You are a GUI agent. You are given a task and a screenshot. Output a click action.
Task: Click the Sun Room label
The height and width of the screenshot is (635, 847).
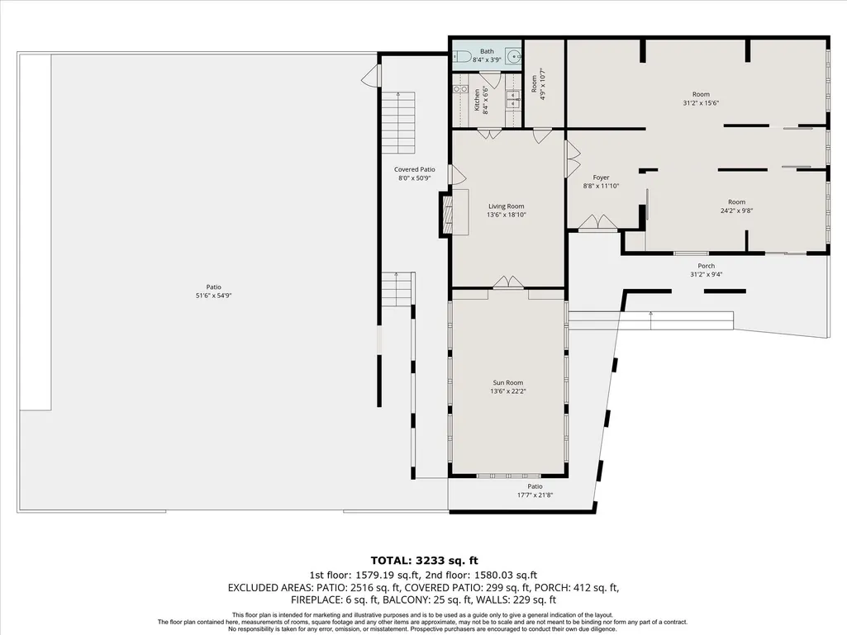tap(507, 383)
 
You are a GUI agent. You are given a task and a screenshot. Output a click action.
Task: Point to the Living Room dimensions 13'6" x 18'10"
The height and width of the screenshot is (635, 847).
tap(507, 215)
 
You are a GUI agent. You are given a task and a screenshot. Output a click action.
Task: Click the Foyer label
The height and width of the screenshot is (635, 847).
tap(601, 178)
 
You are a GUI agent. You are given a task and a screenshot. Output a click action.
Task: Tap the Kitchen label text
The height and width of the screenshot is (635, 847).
tap(477, 101)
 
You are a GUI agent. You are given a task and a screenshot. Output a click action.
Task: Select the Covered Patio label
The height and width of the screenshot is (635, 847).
tap(414, 169)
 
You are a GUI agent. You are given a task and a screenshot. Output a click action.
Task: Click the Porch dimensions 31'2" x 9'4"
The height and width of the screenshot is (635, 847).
tap(706, 274)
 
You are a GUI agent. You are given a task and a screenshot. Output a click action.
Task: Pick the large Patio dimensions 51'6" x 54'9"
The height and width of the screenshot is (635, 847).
tap(214, 296)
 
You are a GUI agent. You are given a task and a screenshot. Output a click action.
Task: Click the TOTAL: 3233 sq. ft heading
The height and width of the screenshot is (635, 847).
tap(424, 561)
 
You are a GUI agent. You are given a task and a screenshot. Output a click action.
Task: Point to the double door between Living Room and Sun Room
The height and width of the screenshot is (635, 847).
tap(508, 282)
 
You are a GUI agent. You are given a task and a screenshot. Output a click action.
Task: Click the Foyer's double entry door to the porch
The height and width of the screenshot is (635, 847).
tap(598, 222)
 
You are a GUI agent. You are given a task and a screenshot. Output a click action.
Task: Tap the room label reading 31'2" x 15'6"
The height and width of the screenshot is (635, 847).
tap(701, 103)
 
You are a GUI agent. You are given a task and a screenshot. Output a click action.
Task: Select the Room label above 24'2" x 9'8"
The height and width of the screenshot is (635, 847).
tap(736, 202)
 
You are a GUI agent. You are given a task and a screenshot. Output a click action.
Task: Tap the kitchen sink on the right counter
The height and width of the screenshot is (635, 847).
tap(512, 97)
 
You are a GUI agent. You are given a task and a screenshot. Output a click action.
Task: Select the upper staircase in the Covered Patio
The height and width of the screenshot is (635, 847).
tap(398, 122)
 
